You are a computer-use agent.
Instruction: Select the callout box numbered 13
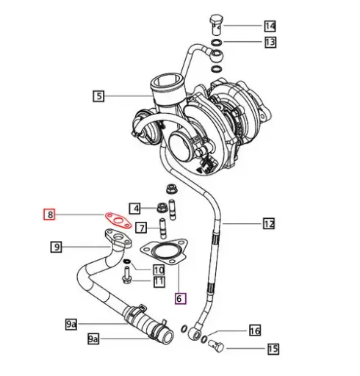(x=270, y=43)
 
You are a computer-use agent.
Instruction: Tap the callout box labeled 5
(x=99, y=95)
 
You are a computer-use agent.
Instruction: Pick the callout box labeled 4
(x=135, y=208)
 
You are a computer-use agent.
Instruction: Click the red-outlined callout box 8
(x=49, y=215)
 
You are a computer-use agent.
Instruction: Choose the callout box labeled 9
(x=57, y=247)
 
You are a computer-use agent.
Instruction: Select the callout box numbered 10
(x=159, y=270)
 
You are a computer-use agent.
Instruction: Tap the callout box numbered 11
(x=159, y=281)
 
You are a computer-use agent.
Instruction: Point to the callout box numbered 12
(x=269, y=223)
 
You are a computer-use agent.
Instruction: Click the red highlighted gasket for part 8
(x=116, y=219)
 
